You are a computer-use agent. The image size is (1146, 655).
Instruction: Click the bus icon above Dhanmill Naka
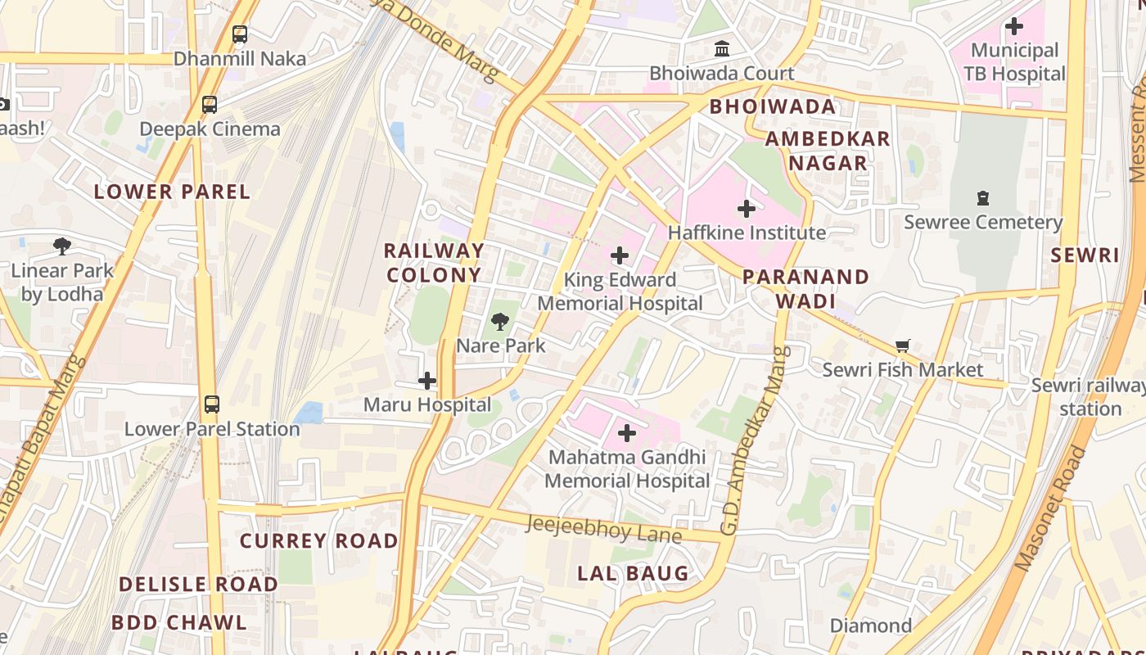pyautogui.click(x=239, y=34)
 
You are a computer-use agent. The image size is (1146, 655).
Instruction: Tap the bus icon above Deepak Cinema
pyautogui.click(x=210, y=105)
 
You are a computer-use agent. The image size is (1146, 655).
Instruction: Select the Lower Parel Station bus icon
pyautogui.click(x=211, y=404)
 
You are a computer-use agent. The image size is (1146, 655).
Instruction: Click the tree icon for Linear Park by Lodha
pyautogui.click(x=61, y=246)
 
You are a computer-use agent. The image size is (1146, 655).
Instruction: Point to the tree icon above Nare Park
pyautogui.click(x=500, y=322)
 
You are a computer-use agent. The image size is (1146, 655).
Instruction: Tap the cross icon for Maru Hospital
pyautogui.click(x=427, y=381)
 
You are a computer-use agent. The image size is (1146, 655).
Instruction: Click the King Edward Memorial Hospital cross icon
pyautogui.click(x=620, y=255)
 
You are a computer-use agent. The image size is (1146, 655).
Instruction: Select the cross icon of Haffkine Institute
pyautogui.click(x=747, y=209)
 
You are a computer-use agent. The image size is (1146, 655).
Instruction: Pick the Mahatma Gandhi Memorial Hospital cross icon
pyautogui.click(x=627, y=432)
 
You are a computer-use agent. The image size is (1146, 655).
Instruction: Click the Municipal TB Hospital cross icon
pyautogui.click(x=1014, y=26)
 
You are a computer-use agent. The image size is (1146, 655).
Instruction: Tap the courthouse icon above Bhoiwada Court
pyautogui.click(x=722, y=49)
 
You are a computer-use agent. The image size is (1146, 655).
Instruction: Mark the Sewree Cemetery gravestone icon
pyautogui.click(x=983, y=198)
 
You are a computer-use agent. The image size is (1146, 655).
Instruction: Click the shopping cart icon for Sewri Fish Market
pyautogui.click(x=903, y=346)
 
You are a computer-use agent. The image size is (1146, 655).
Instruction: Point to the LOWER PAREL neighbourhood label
pyautogui.click(x=172, y=192)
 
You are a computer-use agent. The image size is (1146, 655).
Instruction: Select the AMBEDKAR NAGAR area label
pyautogui.click(x=828, y=151)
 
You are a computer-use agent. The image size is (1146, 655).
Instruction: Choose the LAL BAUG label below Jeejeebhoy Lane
pyautogui.click(x=634, y=573)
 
